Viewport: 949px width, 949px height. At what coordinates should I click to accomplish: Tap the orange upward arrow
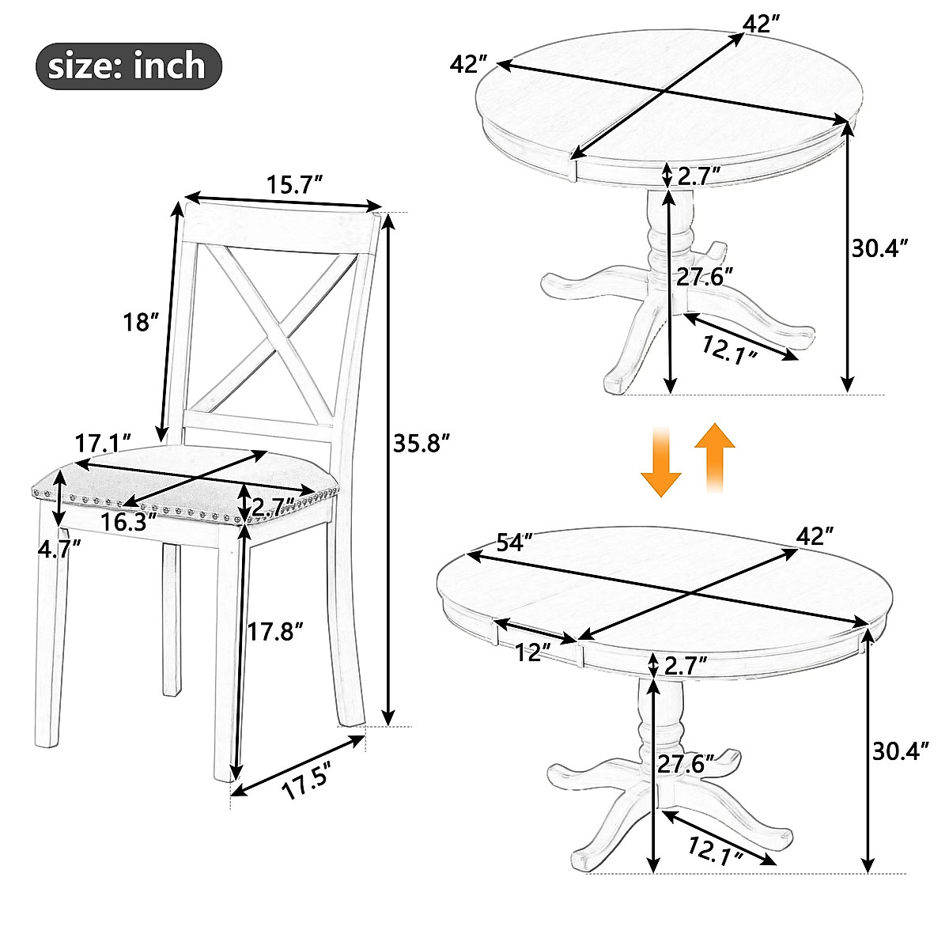(715, 456)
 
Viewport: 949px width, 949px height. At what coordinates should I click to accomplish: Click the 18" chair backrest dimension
(142, 322)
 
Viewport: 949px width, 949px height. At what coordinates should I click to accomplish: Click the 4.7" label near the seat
(59, 548)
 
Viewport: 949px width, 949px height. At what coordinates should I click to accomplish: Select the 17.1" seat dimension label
(103, 442)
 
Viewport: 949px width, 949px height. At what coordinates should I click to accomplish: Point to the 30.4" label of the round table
(878, 249)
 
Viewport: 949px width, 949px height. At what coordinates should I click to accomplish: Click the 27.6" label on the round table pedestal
(705, 276)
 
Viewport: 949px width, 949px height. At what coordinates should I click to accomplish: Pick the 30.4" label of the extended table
(900, 750)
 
